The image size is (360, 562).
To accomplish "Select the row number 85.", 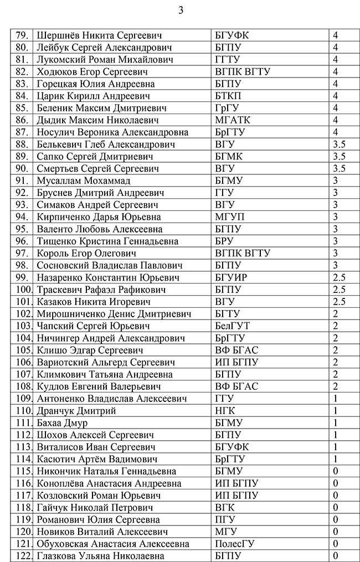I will point(22,108).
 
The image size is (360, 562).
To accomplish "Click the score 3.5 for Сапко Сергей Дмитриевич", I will point(340,157).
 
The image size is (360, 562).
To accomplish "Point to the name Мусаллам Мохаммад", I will point(83,181).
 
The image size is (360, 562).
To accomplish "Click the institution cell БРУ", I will point(224,241).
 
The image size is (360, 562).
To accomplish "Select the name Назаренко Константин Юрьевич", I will point(109,277).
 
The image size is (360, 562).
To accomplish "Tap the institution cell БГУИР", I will point(231,277).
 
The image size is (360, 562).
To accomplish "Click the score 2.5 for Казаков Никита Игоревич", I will point(340,302).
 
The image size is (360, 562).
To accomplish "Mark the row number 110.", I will point(23,411).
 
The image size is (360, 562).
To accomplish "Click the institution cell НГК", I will point(224,411).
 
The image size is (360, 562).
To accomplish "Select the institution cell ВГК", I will point(224,508).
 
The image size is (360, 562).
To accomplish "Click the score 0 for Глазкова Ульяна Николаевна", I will point(336,556).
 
